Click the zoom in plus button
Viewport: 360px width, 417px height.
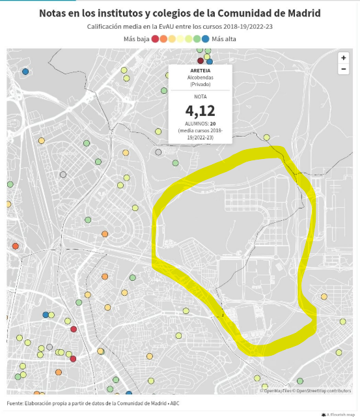(x=343, y=58)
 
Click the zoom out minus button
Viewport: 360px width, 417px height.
(x=343, y=69)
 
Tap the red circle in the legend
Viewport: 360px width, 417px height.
(x=155, y=39)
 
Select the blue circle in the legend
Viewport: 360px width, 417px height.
(x=205, y=39)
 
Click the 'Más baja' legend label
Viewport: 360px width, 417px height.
(x=136, y=39)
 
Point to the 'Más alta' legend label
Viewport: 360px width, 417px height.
(x=224, y=39)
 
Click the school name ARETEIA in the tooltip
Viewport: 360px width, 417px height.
(x=200, y=70)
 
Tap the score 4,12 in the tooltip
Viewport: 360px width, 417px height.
(x=200, y=110)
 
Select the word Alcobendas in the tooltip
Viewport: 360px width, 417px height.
(x=200, y=77)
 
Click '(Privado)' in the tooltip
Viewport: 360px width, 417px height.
(x=200, y=84)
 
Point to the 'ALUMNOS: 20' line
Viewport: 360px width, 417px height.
(x=200, y=123)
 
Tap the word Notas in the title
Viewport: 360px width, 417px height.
(x=55, y=13)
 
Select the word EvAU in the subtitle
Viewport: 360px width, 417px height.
(x=184, y=27)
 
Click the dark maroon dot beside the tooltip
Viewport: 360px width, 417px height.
(x=201, y=61)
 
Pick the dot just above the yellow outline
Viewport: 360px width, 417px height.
(x=266, y=137)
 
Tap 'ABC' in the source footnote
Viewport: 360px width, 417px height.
(x=174, y=403)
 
